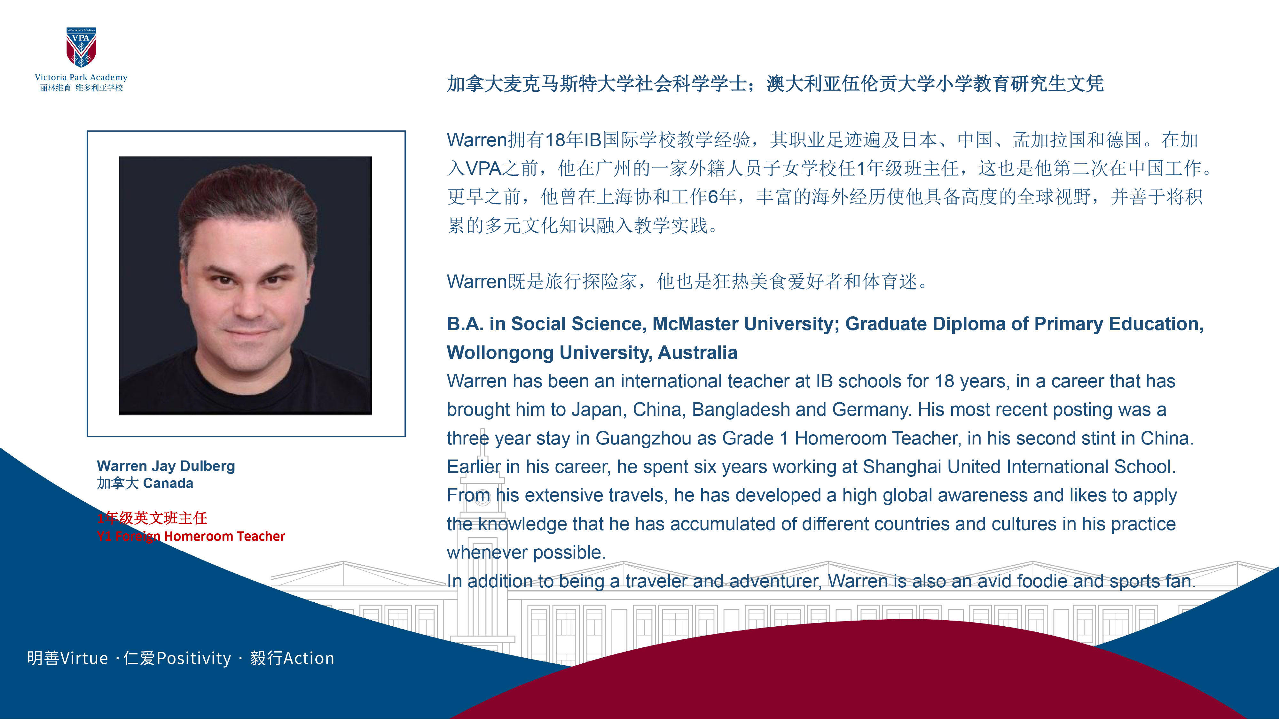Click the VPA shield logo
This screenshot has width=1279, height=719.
coord(81,47)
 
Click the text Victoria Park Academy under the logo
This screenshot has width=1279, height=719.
coord(81,77)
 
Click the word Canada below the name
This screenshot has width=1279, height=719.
coord(168,483)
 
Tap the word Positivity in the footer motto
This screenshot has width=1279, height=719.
coord(194,659)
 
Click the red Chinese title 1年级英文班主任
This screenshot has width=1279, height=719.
coord(152,518)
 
